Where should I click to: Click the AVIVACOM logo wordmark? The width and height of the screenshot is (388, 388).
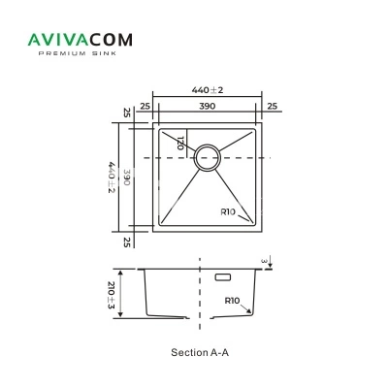[x=81, y=40]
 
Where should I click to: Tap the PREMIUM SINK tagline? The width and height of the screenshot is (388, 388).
[x=78, y=53]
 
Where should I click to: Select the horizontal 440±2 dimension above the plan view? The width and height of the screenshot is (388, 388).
[x=208, y=90]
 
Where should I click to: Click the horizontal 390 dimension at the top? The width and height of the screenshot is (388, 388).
[x=207, y=106]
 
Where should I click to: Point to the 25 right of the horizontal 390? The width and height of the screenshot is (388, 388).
[x=273, y=106]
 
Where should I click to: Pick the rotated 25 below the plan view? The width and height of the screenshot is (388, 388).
[x=127, y=242]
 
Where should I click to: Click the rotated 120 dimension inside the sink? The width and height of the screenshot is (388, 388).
[x=180, y=143]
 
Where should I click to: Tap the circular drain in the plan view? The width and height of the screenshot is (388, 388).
[x=208, y=157]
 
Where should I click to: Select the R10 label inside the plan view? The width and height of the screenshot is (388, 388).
[x=228, y=212]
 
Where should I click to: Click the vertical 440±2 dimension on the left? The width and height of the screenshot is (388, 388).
[x=112, y=178]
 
